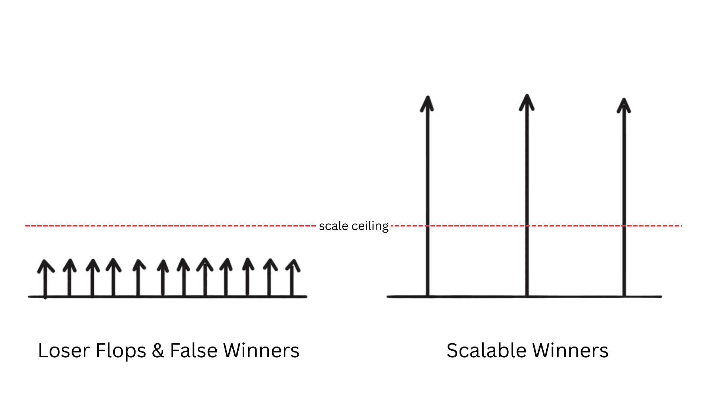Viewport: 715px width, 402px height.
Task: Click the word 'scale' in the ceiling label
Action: pyautogui.click(x=333, y=226)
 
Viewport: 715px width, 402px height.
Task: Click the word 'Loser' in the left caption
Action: pyautogui.click(x=64, y=351)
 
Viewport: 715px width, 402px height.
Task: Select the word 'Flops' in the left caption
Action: pyautogui.click(x=121, y=351)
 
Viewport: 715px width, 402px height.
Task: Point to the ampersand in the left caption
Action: pyautogui.click(x=158, y=351)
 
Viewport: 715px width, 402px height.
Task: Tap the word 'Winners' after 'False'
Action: pyautogui.click(x=261, y=351)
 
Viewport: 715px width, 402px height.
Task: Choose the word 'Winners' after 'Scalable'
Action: pyautogui.click(x=571, y=351)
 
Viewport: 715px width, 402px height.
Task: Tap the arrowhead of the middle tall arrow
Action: pyautogui.click(x=527, y=102)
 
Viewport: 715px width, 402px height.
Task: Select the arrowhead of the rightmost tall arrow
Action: pyautogui.click(x=624, y=105)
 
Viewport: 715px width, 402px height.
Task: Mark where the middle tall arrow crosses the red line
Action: pyautogui.click(x=527, y=226)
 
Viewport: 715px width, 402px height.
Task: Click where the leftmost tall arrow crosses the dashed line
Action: pyautogui.click(x=428, y=226)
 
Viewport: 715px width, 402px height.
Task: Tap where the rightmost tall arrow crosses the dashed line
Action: pyautogui.click(x=624, y=226)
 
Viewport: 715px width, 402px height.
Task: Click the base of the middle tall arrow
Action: pyautogui.click(x=527, y=296)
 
